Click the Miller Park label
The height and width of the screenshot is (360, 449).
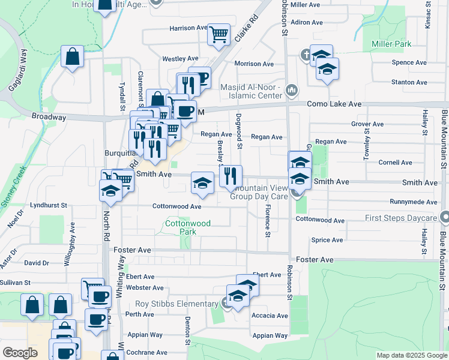[391, 44]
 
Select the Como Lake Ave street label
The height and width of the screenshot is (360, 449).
[334, 104]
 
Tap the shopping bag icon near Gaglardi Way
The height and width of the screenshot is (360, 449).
[72, 57]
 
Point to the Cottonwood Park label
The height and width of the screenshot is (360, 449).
[188, 227]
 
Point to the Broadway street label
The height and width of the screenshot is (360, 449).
[49, 117]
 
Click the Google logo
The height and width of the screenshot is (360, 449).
[20, 353]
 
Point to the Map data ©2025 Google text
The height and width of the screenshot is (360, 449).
[412, 355]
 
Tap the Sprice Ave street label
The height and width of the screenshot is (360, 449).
[328, 240]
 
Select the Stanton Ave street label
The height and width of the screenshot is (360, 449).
[409, 82]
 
